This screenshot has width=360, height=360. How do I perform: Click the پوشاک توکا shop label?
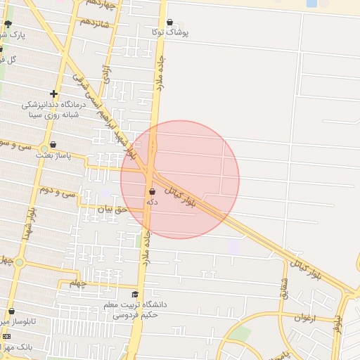click(169, 33)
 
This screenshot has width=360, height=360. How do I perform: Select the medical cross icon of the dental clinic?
click(53, 94)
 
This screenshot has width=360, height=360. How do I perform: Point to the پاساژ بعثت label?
click(54, 156)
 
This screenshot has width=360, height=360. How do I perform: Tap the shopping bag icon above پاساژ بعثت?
click(53, 145)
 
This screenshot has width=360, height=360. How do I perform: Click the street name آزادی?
click(107, 75)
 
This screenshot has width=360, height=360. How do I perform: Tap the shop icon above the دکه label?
click(153, 191)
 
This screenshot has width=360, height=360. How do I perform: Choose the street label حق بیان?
click(112, 209)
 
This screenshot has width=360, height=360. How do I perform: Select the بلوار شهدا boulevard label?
click(28, 224)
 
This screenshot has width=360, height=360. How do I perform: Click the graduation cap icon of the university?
click(136, 294)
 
